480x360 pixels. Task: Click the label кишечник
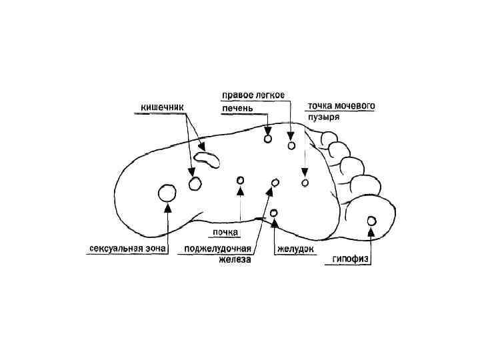[x=162, y=107]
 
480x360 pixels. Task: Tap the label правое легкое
[x=253, y=95]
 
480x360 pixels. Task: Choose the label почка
[x=226, y=233]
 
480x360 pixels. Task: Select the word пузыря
[x=324, y=119]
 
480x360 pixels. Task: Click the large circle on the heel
[x=167, y=194]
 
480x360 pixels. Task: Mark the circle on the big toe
[x=371, y=221]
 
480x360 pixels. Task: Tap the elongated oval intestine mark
[x=208, y=159]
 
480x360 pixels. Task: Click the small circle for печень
[x=267, y=139]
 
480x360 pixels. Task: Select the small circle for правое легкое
[x=291, y=145]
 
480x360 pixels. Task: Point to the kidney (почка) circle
[x=240, y=181]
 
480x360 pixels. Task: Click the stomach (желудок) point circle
[x=275, y=213]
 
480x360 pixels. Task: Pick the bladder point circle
[x=305, y=183]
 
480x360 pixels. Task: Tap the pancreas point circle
[x=274, y=183]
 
